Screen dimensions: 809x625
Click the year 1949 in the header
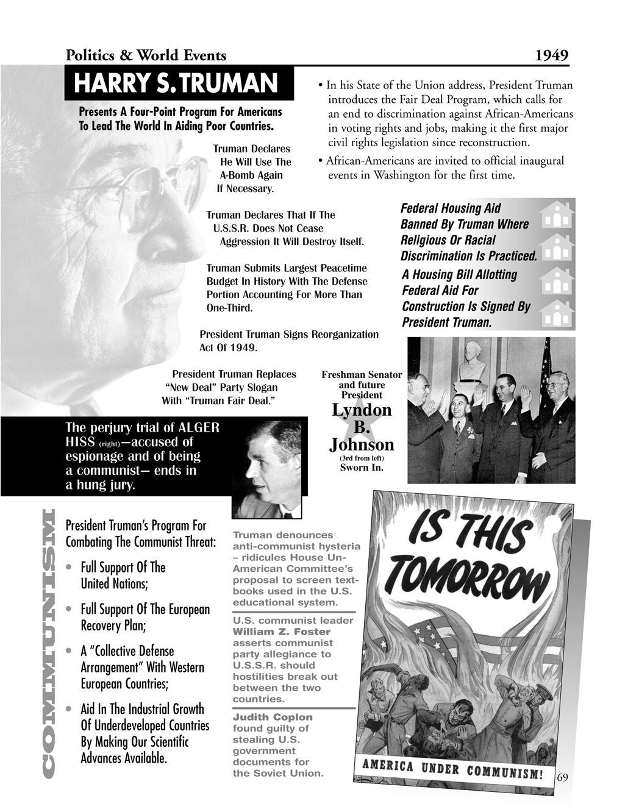pos(551,55)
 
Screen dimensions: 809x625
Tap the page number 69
pos(562,777)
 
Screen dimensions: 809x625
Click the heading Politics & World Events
pos(146,55)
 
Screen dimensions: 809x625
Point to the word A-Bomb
pos(239,175)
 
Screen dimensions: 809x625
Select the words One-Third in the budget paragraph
pos(229,308)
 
